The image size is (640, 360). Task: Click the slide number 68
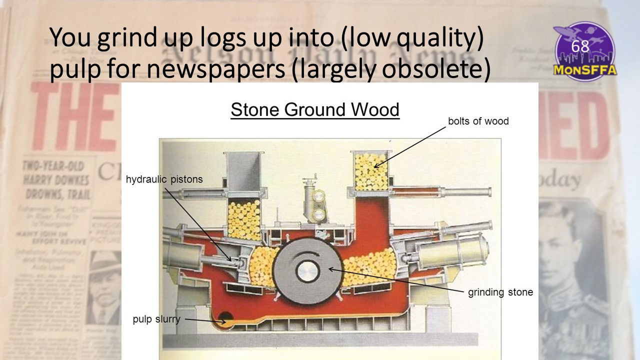pyautogui.click(x=580, y=46)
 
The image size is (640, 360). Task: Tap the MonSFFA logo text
pyautogui.click(x=584, y=69)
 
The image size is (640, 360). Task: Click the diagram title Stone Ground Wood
pyautogui.click(x=315, y=109)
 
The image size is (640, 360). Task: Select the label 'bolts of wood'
pyautogui.click(x=478, y=121)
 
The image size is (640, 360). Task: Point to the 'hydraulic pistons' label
pyautogui.click(x=164, y=179)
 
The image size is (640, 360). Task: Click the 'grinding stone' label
pyautogui.click(x=500, y=292)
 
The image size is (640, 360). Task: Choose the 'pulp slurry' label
pyautogui.click(x=156, y=318)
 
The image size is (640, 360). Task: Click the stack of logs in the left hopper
pyautogui.click(x=244, y=220)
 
